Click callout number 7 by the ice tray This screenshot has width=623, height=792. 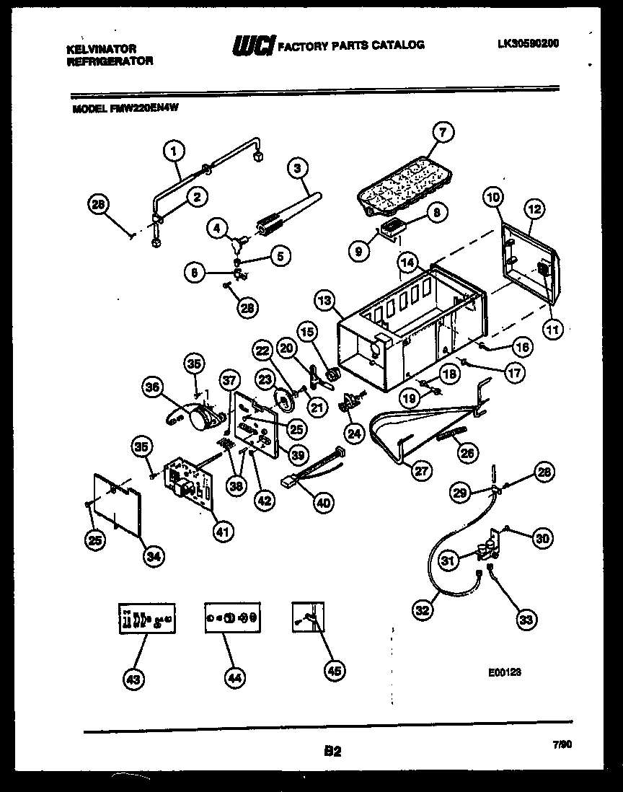click(x=441, y=132)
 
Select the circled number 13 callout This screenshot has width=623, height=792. click(x=324, y=300)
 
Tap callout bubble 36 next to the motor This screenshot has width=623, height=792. click(x=152, y=388)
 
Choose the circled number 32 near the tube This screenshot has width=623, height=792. click(x=423, y=610)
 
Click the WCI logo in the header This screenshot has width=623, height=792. click(x=252, y=46)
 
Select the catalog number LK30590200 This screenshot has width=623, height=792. click(x=528, y=43)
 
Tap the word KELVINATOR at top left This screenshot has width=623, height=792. click(x=101, y=49)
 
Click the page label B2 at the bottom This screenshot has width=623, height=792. click(x=332, y=752)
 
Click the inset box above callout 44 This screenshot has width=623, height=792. click(x=232, y=619)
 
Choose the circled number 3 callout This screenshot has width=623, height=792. click(x=296, y=167)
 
